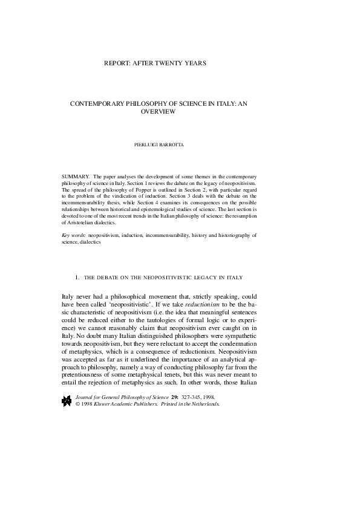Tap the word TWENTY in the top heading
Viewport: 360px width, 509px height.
(x=176, y=63)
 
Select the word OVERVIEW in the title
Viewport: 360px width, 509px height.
(x=157, y=112)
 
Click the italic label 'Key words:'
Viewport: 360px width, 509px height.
(x=74, y=235)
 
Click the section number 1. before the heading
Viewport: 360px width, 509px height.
(x=77, y=277)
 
